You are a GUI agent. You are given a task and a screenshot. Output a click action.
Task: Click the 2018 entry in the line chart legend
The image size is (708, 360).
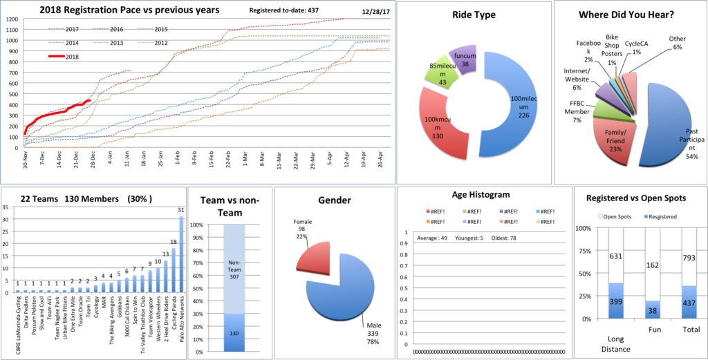(x=71, y=57)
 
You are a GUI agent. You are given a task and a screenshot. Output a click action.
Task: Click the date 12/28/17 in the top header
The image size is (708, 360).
(x=377, y=12)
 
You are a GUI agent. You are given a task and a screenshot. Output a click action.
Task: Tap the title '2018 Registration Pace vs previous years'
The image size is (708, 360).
(x=129, y=10)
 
